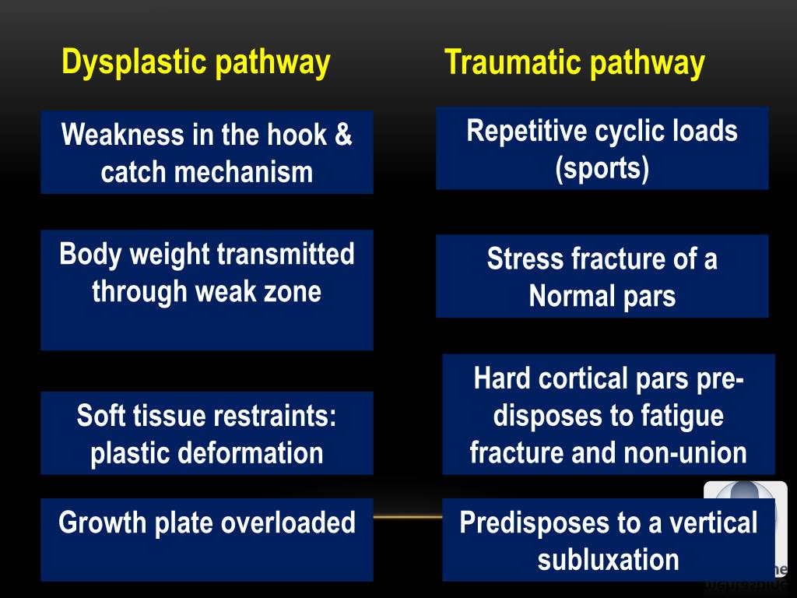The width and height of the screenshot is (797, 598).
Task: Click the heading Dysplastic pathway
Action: tap(195, 62)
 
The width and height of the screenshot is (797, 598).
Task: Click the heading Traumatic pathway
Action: tap(574, 63)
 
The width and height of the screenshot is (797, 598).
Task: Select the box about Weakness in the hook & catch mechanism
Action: tap(206, 153)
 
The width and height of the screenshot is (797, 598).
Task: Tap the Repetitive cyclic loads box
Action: tap(602, 148)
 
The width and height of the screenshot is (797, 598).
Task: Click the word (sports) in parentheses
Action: tap(602, 167)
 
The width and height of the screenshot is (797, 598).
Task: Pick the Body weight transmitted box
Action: tap(206, 290)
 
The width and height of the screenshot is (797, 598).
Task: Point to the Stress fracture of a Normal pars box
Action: tap(602, 276)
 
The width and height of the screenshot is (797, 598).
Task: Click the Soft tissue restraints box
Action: tap(206, 433)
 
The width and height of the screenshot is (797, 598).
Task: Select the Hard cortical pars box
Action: tap(608, 414)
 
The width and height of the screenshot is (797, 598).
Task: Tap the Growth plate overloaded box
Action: tap(206, 540)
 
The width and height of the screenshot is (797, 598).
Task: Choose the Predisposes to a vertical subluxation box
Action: tap(608, 540)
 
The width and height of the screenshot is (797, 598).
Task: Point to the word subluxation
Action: tap(608, 559)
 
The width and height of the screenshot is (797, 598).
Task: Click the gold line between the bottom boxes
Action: tap(407, 516)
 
